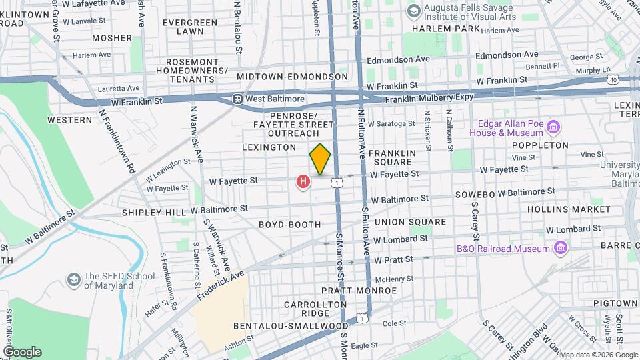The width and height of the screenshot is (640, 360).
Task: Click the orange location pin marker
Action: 320,159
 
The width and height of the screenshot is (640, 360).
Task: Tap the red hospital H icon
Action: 303,181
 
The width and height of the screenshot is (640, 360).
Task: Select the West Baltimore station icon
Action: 237,99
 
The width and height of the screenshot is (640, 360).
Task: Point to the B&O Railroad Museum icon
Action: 561,249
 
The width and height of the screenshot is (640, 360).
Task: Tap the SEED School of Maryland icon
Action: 73,279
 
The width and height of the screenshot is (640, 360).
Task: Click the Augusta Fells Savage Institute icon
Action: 413,10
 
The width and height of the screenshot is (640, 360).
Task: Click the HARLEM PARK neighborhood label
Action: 445,29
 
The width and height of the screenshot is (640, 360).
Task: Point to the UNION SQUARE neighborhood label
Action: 409,222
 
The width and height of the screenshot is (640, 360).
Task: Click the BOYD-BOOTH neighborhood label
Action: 290,225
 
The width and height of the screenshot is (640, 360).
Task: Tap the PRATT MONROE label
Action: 359,291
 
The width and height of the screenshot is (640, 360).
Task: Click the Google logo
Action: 21,351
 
